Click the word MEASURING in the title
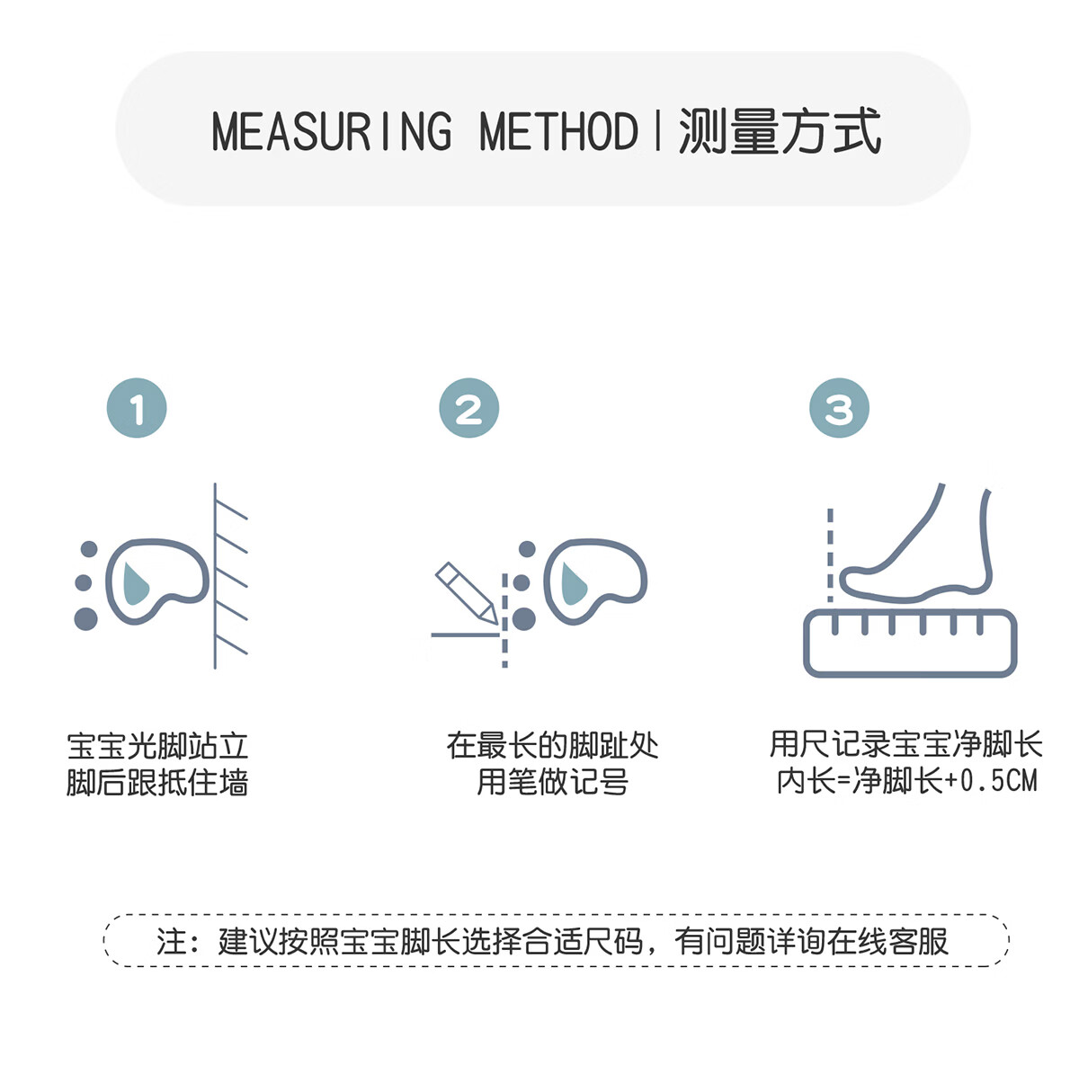[x=332, y=131]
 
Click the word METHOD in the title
[x=558, y=131]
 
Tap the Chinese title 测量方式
[x=780, y=131]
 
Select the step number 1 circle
[x=137, y=409]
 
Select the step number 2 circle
[x=468, y=409]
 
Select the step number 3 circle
[x=839, y=409]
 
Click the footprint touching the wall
[x=155, y=580]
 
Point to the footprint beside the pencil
[x=593, y=580]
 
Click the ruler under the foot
[x=910, y=642]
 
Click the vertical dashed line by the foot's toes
[x=830, y=553]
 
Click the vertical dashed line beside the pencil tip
[x=504, y=620]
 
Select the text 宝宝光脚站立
[x=157, y=746]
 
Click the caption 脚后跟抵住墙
[x=157, y=783]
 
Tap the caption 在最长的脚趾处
[x=552, y=746]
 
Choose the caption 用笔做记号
[x=552, y=783]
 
